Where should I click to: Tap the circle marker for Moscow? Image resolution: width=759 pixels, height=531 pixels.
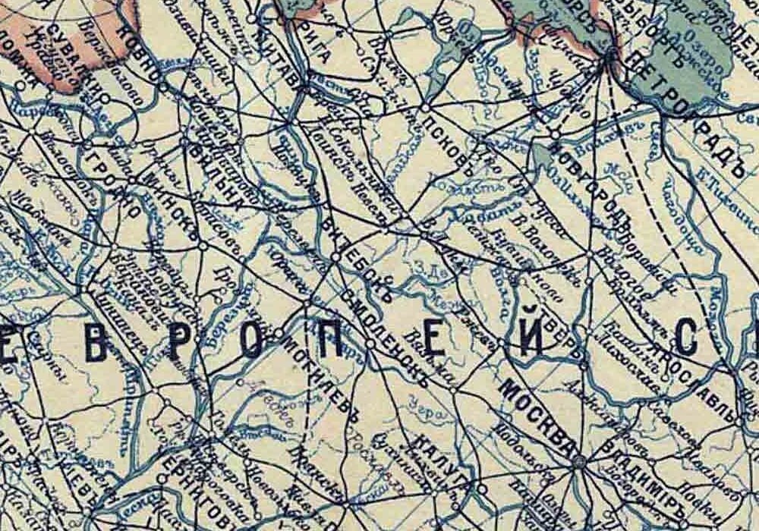(x=579, y=461)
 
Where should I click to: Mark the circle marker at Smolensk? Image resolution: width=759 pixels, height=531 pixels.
(x=370, y=344)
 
